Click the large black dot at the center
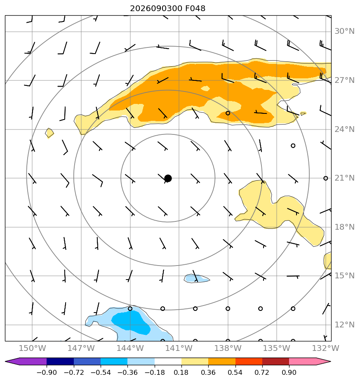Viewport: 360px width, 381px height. (x=168, y=179)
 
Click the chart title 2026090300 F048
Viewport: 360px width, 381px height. (x=168, y=9)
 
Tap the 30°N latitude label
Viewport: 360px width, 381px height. (x=344, y=31)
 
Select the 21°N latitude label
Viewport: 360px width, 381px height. (x=344, y=178)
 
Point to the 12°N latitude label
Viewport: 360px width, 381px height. (x=344, y=325)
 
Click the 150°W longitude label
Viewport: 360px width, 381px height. (x=32, y=348)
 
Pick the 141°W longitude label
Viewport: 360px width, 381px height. (x=179, y=348)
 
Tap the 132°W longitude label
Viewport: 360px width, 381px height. (x=325, y=348)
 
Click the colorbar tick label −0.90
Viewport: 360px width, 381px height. (x=47, y=372)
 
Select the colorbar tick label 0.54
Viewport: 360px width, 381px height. (x=235, y=372)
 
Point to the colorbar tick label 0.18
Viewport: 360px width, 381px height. (x=181, y=372)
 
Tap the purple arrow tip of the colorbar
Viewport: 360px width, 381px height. (x=6, y=362)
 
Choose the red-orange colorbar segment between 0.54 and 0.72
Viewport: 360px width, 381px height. (x=249, y=362)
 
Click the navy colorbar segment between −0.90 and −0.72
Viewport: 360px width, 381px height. (x=60, y=362)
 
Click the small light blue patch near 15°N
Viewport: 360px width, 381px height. (x=196, y=278)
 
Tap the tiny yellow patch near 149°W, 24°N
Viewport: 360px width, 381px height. (x=49, y=133)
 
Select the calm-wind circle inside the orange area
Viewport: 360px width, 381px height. (x=228, y=113)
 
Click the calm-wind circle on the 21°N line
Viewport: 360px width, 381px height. (x=326, y=179)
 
